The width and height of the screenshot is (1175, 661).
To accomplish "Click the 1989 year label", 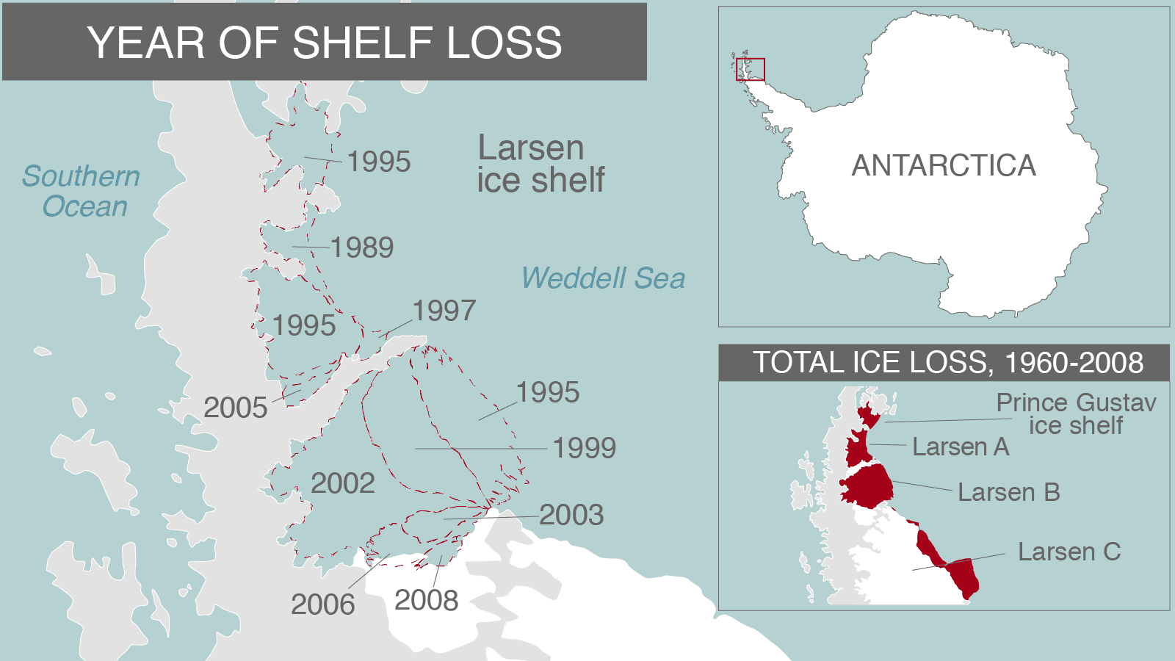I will pos(362,248).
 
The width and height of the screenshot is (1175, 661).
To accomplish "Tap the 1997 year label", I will pos(444,311).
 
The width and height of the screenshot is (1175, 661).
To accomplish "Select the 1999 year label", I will pos(585,448).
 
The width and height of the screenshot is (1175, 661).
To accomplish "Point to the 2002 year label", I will pos(343,483).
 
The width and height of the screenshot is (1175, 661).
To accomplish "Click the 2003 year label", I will pos(571,515).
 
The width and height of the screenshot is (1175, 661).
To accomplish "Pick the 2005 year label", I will pos(236,408).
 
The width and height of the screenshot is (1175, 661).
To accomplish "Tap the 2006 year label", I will pos(323,604).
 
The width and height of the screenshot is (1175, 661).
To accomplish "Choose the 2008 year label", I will pos(427,600).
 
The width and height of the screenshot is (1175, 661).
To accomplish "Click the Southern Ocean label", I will pos(82,191).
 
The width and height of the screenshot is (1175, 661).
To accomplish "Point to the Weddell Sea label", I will pos(603,278).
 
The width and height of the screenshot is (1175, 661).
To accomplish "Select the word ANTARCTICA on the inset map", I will pos(944,165).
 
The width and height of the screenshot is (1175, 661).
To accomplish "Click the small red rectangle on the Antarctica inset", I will pos(751,70).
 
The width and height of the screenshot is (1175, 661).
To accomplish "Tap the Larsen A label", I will pos(961,447).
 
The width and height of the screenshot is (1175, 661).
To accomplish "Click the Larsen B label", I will pos(1009,492).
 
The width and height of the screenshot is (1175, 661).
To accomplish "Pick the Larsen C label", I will pos(1069,552).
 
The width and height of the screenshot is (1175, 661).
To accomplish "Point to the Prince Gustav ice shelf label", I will pos(1076,413).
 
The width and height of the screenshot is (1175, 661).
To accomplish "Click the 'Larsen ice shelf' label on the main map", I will pos(540,165).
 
